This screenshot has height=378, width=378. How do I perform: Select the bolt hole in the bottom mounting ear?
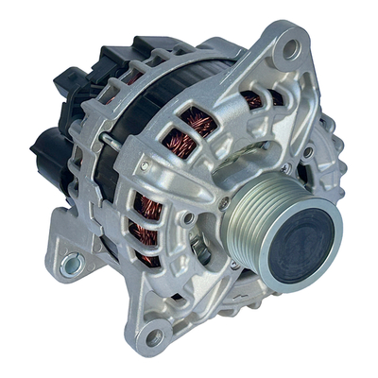(153, 335)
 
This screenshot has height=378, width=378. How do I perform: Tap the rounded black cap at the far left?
(44, 150)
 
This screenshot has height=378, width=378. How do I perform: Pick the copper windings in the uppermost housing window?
(253, 98)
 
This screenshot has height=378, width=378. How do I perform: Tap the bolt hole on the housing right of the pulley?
(308, 151)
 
